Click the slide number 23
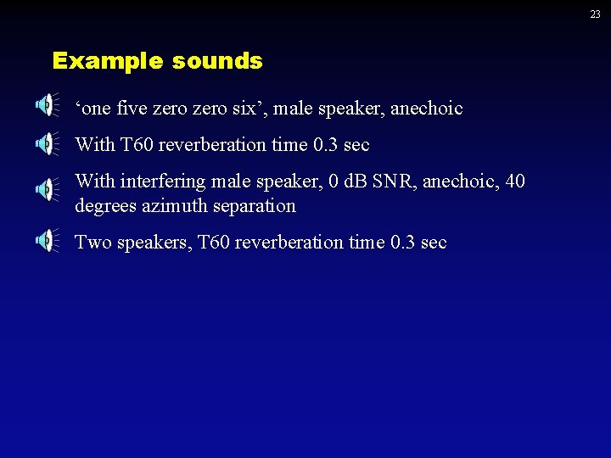pyautogui.click(x=596, y=14)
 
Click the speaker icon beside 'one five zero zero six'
pyautogui.click(x=46, y=105)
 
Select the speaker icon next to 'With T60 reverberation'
pyautogui.click(x=46, y=143)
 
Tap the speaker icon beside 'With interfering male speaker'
pyautogui.click(x=46, y=189)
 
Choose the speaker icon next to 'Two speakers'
pyautogui.click(x=46, y=242)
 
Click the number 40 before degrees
pyautogui.click(x=514, y=182)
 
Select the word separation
pyautogui.click(x=255, y=206)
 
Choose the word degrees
pyautogui.click(x=104, y=207)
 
